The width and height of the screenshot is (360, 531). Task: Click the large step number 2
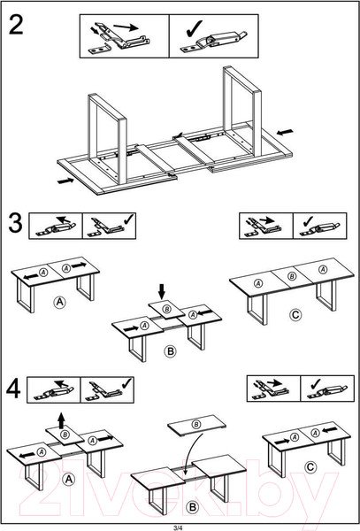click(x=16, y=25)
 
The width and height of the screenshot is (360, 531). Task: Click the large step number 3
click(x=15, y=223)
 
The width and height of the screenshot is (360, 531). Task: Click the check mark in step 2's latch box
click(x=195, y=29)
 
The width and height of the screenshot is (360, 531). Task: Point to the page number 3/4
click(x=178, y=527)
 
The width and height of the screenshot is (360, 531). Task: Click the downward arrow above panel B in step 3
click(x=162, y=291)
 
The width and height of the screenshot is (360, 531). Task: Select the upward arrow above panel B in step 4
click(x=61, y=421)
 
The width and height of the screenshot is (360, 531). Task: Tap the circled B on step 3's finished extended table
click(x=292, y=276)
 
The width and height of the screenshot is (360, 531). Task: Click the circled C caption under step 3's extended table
click(x=295, y=315)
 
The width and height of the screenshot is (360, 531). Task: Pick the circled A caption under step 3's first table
click(x=59, y=302)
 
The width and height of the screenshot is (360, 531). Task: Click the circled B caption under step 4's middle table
click(x=192, y=507)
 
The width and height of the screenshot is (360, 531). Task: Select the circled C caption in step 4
click(x=310, y=467)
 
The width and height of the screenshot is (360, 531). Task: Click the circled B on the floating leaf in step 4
click(x=195, y=424)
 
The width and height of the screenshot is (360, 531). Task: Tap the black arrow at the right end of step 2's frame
click(x=285, y=131)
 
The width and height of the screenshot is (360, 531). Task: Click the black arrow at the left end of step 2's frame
click(x=65, y=181)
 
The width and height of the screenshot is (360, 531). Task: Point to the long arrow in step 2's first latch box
click(x=126, y=27)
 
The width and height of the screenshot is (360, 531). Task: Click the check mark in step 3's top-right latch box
click(x=308, y=220)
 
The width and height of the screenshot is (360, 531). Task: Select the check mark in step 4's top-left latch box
click(x=126, y=383)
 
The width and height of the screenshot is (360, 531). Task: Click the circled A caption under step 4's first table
click(x=69, y=479)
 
